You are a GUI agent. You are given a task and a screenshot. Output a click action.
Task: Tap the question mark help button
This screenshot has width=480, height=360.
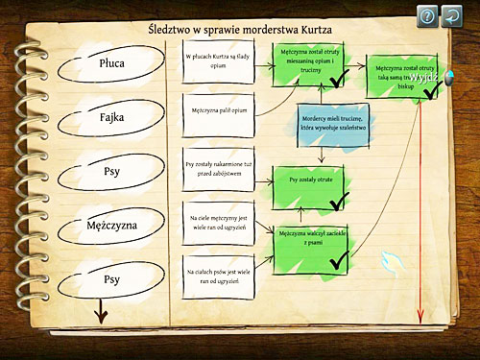[x=426, y=15]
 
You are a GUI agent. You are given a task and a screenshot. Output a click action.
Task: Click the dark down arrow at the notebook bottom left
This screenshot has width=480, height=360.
[x=99, y=314]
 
